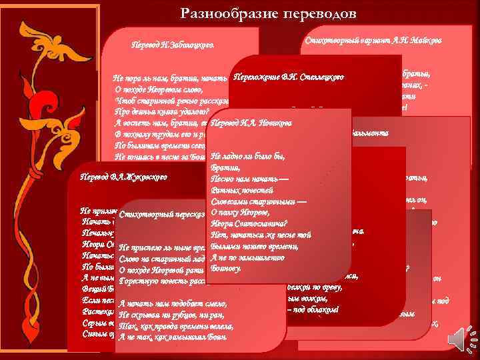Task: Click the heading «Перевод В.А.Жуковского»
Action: pos(123,178)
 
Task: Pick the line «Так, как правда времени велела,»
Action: pos(175,326)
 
